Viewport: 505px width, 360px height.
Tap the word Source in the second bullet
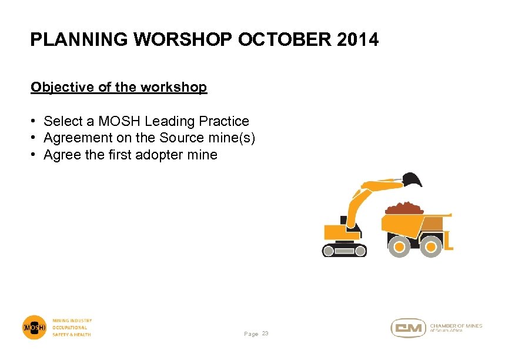coord(173,138)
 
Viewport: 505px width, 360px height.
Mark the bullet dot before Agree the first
coord(35,155)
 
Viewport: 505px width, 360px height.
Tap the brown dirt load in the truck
coord(403,208)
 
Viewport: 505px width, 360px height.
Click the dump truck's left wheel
coord(399,246)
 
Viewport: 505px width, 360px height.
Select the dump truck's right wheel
coord(432,246)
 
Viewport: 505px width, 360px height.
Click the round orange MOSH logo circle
coord(34,327)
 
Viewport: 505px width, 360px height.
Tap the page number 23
coord(265,334)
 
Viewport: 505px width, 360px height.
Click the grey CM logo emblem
coord(409,328)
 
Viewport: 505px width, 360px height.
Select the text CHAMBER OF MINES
coord(456,325)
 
